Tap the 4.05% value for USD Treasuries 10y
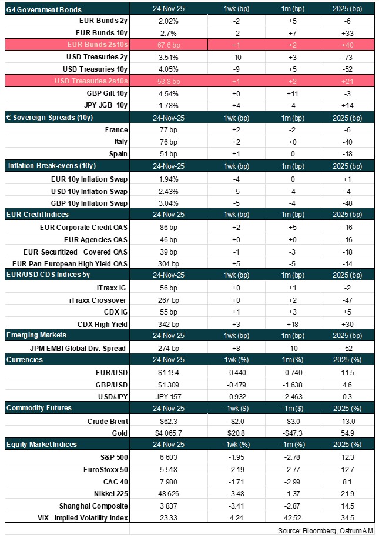157,69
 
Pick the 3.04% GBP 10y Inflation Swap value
157,202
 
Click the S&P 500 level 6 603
157,457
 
